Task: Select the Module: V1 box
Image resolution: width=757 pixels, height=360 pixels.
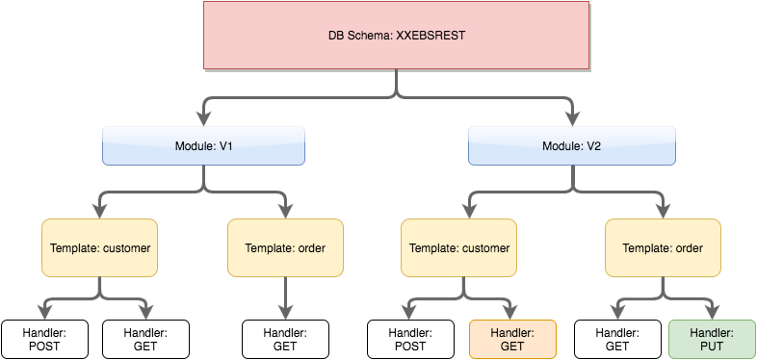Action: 203,146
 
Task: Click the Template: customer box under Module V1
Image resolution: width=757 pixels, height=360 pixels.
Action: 100,248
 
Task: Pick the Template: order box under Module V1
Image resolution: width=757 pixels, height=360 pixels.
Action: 285,248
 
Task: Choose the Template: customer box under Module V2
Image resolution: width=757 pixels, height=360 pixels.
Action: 458,248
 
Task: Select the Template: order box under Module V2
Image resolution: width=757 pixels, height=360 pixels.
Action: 664,248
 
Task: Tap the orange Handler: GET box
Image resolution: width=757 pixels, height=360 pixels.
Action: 512,339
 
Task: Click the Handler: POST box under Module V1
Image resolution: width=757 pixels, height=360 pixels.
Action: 44,339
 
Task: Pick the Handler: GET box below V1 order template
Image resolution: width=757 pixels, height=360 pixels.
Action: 285,339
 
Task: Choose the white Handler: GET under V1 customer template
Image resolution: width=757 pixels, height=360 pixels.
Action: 145,339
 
